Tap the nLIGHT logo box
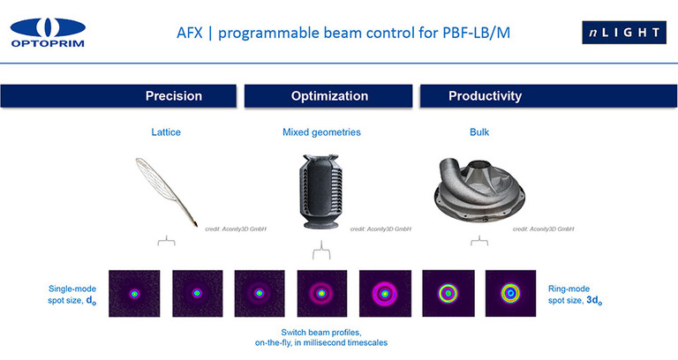point(624,33)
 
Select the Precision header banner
point(173,95)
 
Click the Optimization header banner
point(328,95)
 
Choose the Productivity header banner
point(485,95)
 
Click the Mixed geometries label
point(321,133)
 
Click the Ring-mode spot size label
point(575,294)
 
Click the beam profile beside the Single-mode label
point(134,293)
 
